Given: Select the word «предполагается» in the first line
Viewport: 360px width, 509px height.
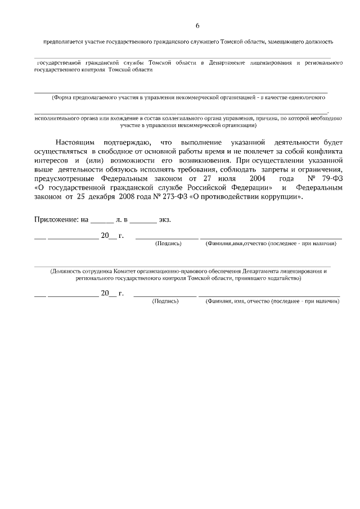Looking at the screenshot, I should [64, 42].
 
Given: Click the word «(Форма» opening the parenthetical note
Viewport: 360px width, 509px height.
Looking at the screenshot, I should [62, 97].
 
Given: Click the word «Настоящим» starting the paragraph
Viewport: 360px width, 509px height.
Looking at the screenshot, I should [74, 143].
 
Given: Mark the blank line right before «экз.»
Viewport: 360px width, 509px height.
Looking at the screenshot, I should [143, 220].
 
